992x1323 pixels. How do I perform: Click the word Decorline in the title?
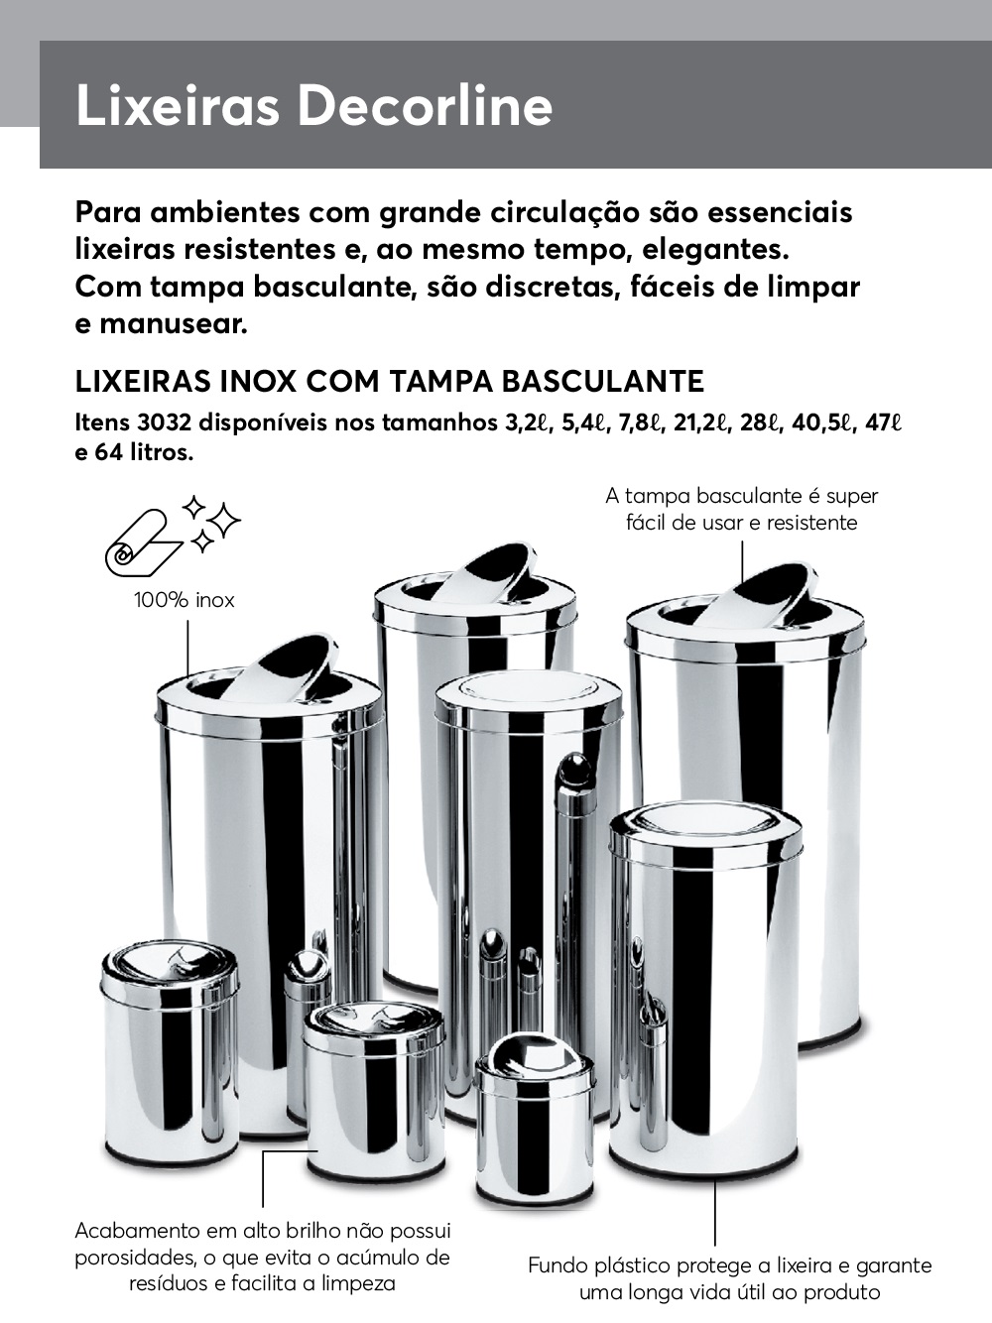426,105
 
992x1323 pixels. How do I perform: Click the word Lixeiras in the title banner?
178,105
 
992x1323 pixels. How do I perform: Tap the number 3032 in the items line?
165,423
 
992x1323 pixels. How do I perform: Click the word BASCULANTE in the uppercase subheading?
603,382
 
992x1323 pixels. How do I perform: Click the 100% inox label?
185,600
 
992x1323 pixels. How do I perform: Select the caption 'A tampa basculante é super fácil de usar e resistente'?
742,509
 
